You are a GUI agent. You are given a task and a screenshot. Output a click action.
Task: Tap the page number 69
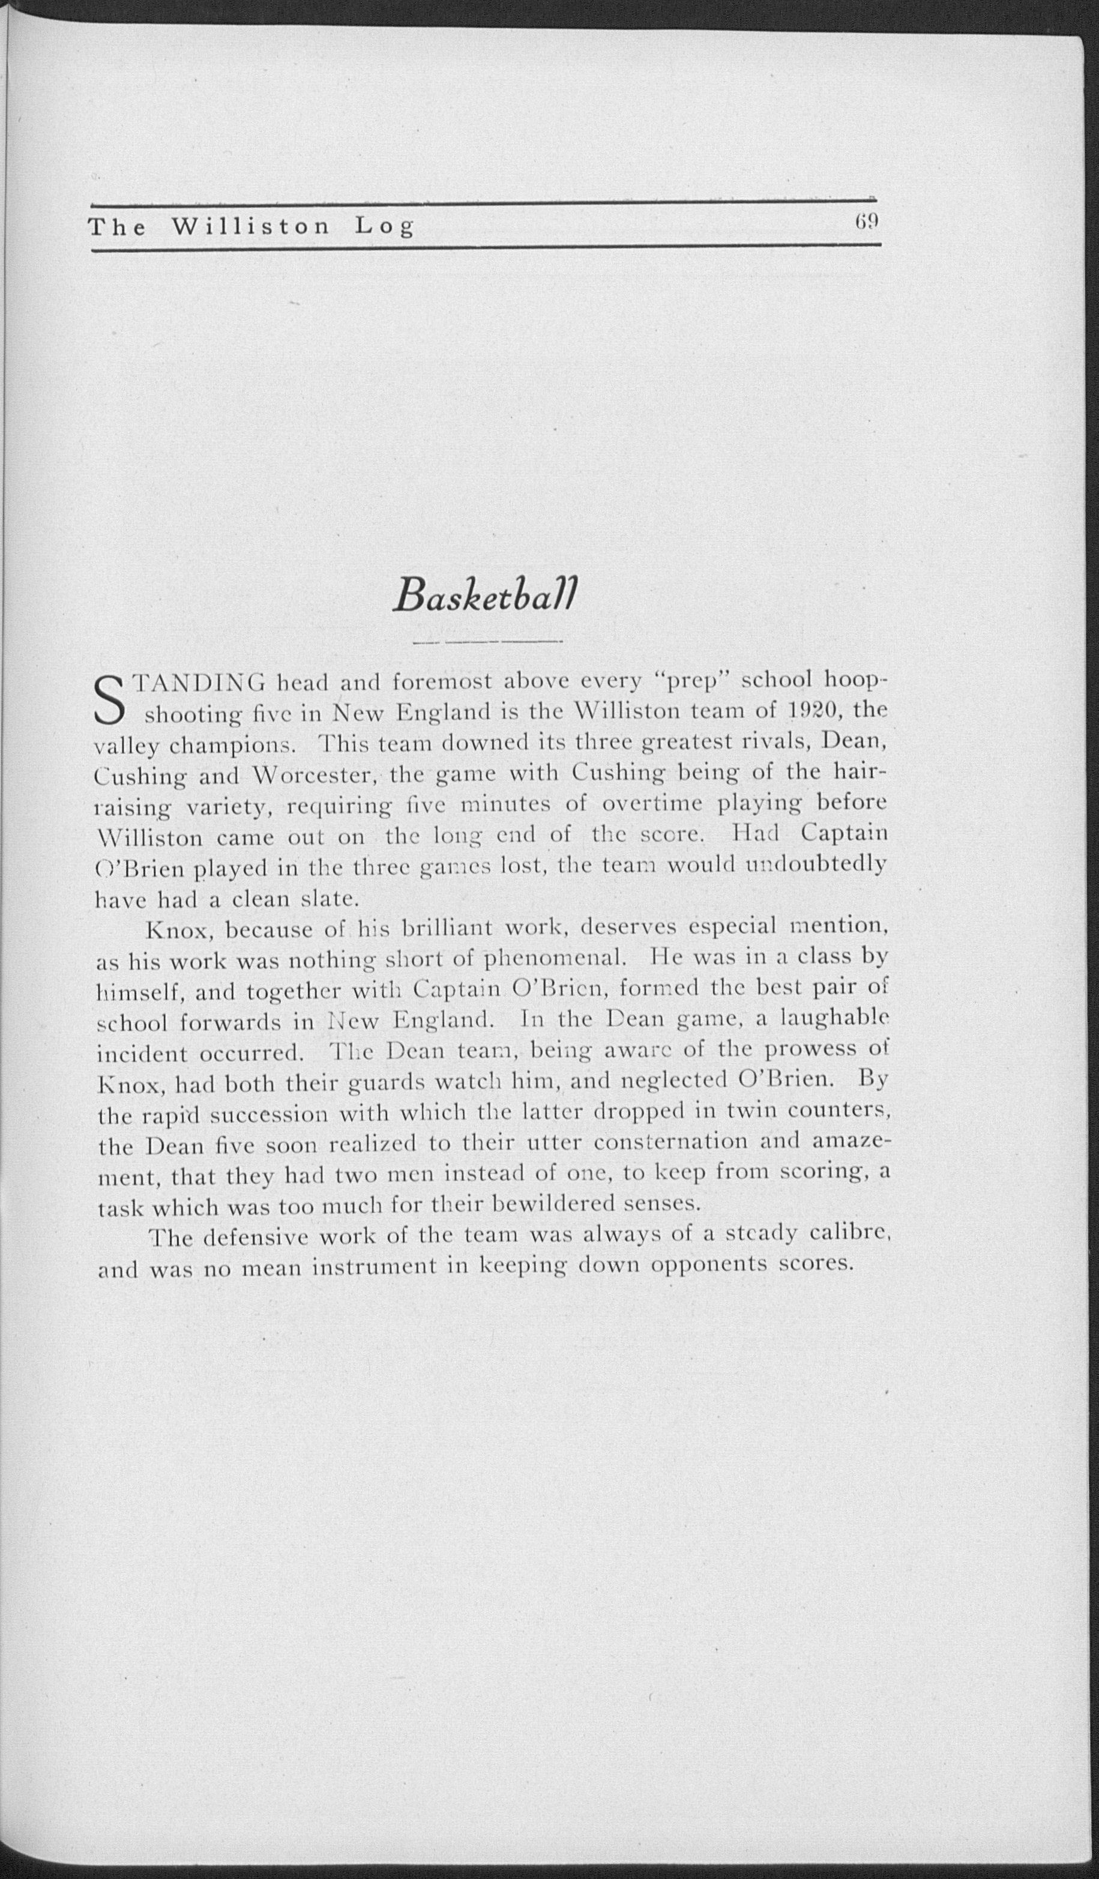(x=868, y=222)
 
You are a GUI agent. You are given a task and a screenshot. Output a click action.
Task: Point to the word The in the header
(x=116, y=227)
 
